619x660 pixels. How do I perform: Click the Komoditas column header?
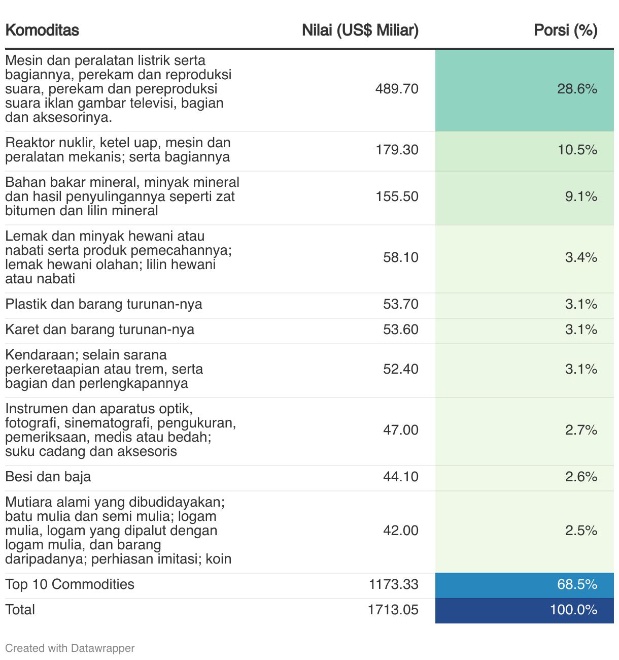pyautogui.click(x=42, y=30)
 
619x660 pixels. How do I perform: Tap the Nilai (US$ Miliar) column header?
pyautogui.click(x=360, y=30)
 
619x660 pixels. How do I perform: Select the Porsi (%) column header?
pyautogui.click(x=565, y=30)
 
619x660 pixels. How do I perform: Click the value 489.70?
pyautogui.click(x=397, y=89)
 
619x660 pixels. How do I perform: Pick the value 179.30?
pyautogui.click(x=397, y=150)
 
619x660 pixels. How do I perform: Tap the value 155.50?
pyautogui.click(x=397, y=196)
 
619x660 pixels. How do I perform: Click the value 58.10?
pyautogui.click(x=400, y=257)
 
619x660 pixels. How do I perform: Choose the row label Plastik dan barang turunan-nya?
pyautogui.click(x=104, y=304)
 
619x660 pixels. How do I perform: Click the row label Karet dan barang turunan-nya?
pyautogui.click(x=100, y=329)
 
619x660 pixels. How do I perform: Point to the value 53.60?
pyautogui.click(x=400, y=329)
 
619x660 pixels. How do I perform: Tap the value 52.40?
pyautogui.click(x=400, y=369)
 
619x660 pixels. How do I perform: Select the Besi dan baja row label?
pyautogui.click(x=48, y=477)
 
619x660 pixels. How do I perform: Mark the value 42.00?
pyautogui.click(x=400, y=531)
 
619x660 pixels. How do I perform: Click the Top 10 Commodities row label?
pyautogui.click(x=70, y=584)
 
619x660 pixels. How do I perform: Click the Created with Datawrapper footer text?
pyautogui.click(x=70, y=648)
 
